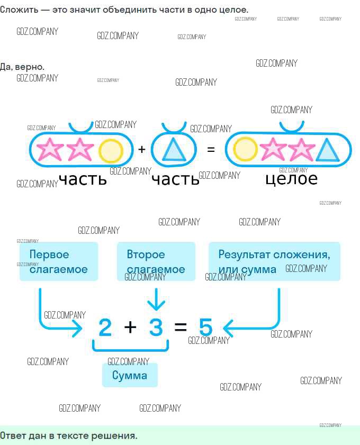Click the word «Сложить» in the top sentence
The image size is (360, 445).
(19, 10)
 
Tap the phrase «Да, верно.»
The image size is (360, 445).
(22, 67)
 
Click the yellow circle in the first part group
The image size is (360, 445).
(111, 151)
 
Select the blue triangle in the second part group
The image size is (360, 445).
(174, 151)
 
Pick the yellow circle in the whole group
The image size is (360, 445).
(245, 149)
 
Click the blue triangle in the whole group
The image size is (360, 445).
(327, 150)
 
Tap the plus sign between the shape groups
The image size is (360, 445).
(142, 149)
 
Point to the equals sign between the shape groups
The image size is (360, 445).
(211, 149)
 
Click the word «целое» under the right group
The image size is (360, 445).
(291, 179)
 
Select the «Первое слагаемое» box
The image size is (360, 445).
(59, 261)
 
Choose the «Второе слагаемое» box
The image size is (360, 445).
(156, 261)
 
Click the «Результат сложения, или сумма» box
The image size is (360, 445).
(275, 261)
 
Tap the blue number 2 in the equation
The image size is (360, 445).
(105, 327)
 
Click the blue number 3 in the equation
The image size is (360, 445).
(156, 327)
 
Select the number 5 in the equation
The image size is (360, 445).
(205, 327)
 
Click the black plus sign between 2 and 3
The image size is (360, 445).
(130, 327)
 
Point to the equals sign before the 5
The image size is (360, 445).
(181, 327)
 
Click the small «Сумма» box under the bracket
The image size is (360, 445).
(130, 375)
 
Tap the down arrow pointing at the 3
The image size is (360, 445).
(156, 299)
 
